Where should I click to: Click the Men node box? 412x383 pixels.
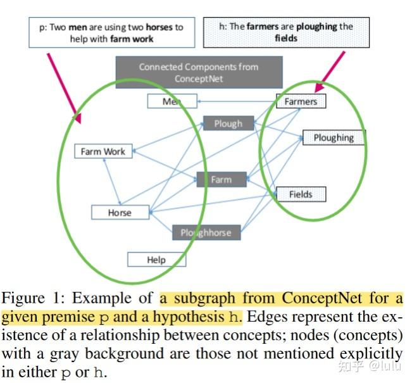[172, 101]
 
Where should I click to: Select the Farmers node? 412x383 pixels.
[301, 101]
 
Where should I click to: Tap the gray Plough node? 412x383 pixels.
[228, 123]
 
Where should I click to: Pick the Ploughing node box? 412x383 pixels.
[334, 137]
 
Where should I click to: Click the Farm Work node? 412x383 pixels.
[103, 152]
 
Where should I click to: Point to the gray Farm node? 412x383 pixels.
[221, 180]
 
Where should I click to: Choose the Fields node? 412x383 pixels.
[301, 194]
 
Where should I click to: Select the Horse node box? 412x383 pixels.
[120, 213]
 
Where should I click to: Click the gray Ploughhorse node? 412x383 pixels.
[206, 232]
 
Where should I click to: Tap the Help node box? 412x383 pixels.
[156, 260]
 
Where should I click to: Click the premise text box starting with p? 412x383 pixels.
[111, 33]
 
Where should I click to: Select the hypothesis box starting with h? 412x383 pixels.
[286, 33]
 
